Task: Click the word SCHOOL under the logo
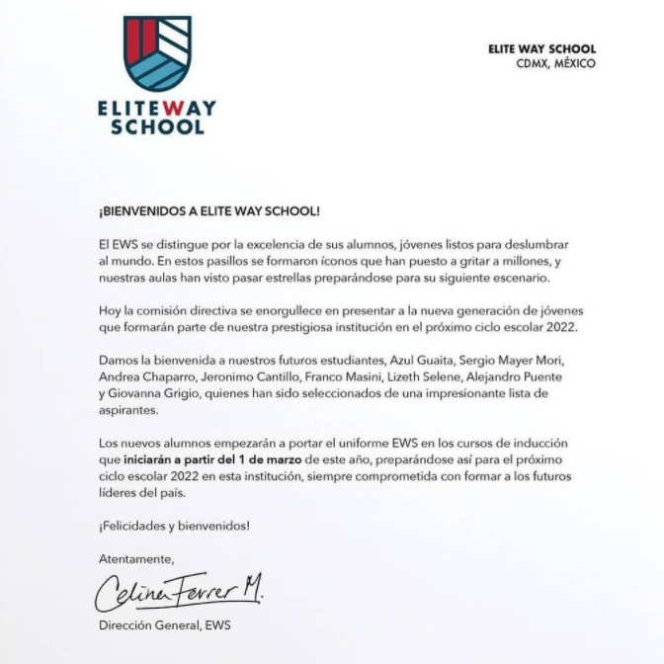point(158,126)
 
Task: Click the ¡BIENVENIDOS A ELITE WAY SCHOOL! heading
point(209,211)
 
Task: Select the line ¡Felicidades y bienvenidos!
point(174,526)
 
